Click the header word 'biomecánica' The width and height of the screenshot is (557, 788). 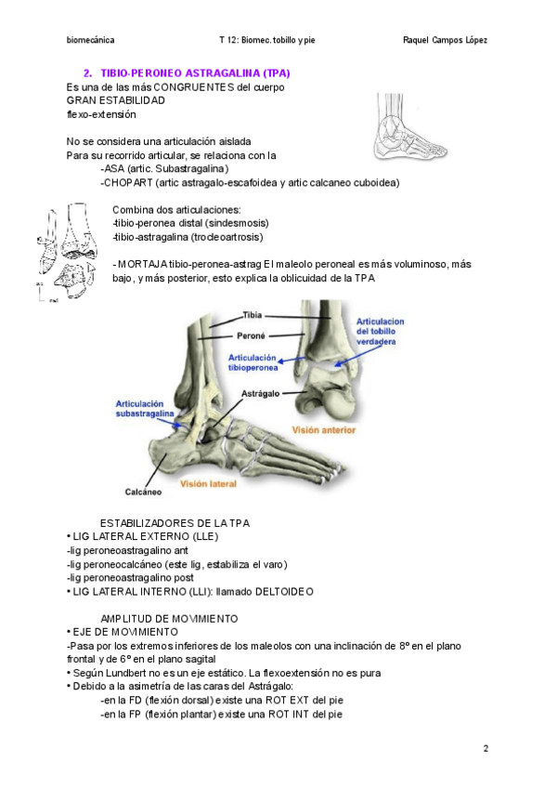click(x=91, y=41)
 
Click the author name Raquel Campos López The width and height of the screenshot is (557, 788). click(x=447, y=41)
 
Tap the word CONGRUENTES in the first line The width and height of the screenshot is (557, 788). click(x=194, y=87)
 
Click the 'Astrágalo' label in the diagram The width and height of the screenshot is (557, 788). click(x=263, y=394)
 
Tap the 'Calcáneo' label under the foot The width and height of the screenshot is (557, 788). click(x=140, y=492)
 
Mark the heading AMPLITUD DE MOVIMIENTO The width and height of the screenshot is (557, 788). click(x=169, y=618)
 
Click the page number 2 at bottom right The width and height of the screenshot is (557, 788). click(x=486, y=748)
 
